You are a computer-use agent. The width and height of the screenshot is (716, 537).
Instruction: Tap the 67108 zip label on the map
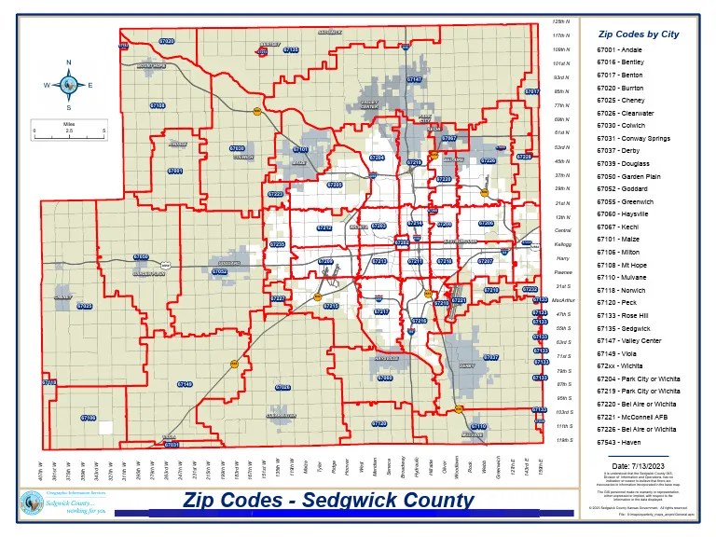click(x=157, y=106)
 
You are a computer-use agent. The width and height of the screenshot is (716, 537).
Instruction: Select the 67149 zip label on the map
click(x=185, y=384)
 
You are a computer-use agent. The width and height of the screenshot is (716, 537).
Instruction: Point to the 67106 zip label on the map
click(x=88, y=419)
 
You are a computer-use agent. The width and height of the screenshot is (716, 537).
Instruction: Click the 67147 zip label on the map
click(x=415, y=80)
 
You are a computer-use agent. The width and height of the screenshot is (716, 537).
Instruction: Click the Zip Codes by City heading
click(x=638, y=34)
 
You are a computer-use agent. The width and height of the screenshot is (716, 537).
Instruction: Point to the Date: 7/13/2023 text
click(x=638, y=464)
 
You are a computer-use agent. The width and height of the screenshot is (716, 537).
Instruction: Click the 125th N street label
click(x=561, y=21)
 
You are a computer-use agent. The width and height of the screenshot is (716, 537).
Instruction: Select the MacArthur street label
click(x=562, y=301)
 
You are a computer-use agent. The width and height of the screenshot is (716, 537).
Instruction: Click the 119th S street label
click(x=562, y=439)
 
